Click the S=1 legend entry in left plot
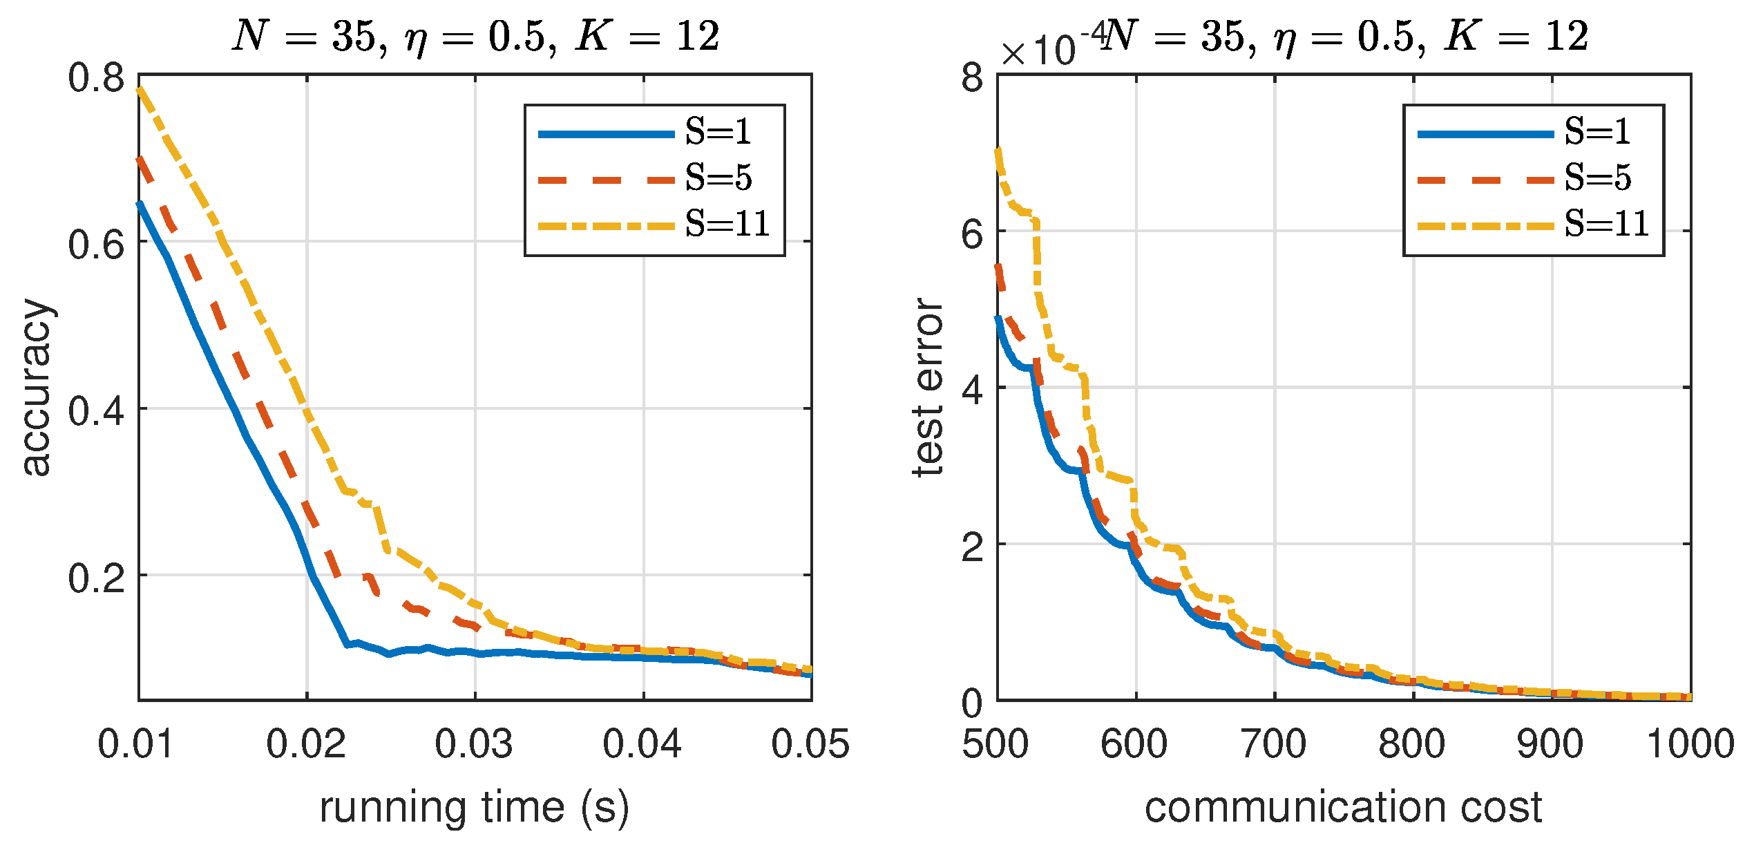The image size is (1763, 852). [718, 131]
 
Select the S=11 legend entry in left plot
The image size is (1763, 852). [727, 224]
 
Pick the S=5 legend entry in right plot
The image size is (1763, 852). [1597, 178]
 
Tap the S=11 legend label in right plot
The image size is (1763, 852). [1606, 224]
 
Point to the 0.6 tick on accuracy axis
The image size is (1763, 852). [96, 244]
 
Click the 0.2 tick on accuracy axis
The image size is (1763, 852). [96, 577]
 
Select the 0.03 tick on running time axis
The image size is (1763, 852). [474, 744]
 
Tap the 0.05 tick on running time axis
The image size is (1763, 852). [810, 744]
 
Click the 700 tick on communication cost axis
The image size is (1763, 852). [1273, 744]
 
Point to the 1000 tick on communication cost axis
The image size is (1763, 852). [1690, 744]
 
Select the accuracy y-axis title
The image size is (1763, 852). [36, 387]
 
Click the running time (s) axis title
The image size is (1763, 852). [474, 807]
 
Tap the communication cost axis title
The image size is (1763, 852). [1343, 807]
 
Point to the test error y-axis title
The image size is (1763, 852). [927, 387]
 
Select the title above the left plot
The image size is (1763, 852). [475, 36]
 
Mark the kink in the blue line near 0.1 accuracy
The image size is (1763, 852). [347, 644]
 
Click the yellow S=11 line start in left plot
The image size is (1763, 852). [140, 88]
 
